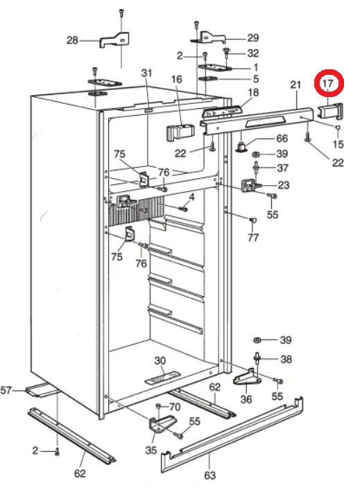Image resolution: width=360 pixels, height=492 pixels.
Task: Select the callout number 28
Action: [71, 40]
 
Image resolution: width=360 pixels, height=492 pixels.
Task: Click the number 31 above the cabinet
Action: [146, 73]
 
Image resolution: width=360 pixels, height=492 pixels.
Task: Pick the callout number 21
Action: [295, 85]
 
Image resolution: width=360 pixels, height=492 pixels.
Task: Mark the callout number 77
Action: [252, 238]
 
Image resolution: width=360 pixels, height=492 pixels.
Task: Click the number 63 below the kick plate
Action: [210, 475]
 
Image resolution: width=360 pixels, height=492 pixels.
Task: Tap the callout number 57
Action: [7, 392]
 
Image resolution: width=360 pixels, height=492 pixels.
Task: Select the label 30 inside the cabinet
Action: [160, 361]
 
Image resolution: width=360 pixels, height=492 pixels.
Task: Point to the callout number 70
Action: [174, 407]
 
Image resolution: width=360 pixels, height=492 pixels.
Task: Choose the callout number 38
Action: [285, 360]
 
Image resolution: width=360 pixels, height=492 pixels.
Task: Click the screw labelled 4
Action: [184, 208]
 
